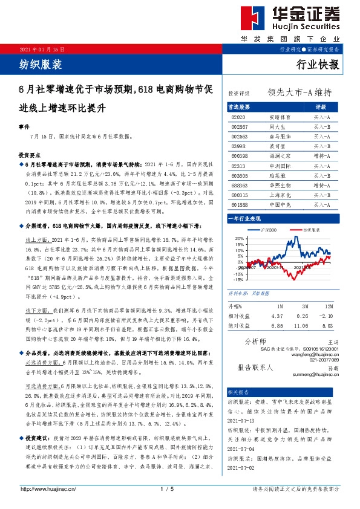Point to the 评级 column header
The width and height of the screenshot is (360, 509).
pyautogui.click(x=321, y=106)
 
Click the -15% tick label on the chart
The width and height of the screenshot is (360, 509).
pyautogui.click(x=238, y=280)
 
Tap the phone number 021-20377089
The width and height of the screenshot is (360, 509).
pyautogui.click(x=321, y=360)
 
